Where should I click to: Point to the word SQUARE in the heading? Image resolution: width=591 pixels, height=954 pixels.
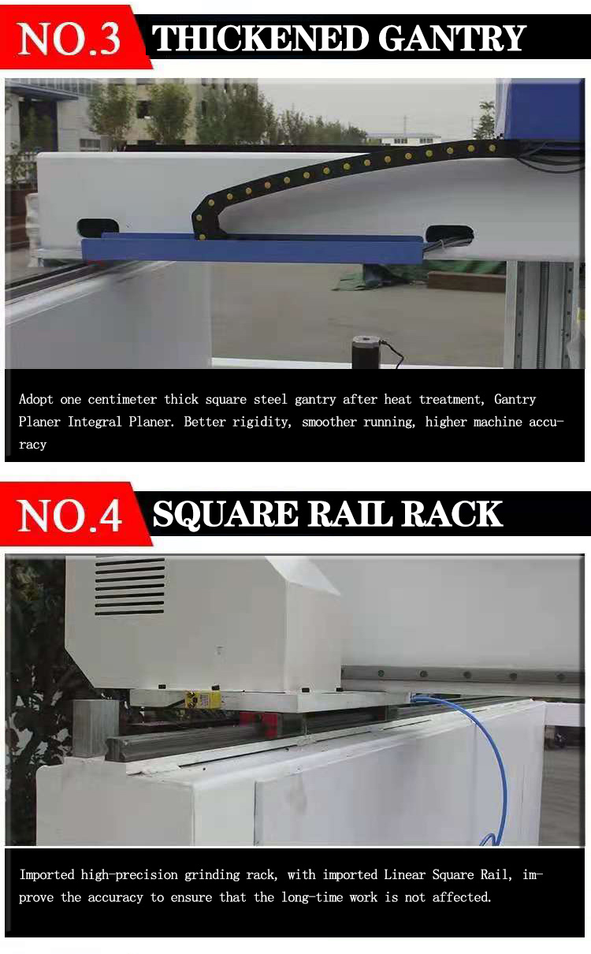(x=225, y=514)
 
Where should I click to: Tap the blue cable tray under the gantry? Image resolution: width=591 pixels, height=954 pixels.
(x=252, y=249)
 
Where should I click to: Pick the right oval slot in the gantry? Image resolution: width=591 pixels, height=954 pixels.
(x=449, y=233)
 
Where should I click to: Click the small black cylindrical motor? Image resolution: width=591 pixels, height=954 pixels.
(x=366, y=352)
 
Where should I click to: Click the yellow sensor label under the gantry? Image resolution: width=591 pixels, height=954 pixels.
(x=203, y=699)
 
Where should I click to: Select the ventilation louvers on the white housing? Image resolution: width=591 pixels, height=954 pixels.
(x=130, y=587)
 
